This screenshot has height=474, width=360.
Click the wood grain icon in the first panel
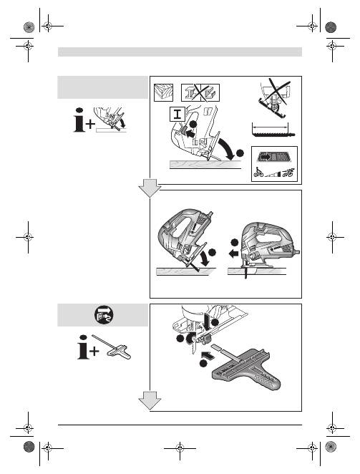(163, 92)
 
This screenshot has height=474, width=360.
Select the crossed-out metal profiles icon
(200, 92)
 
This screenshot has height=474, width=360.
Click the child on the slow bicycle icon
(258, 173)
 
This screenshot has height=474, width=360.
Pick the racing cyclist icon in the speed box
(287, 173)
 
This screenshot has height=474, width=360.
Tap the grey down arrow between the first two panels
(150, 188)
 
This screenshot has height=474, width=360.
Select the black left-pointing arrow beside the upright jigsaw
(233, 253)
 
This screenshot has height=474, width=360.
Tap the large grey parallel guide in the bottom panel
(245, 369)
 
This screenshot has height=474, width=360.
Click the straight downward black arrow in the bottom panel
(208, 323)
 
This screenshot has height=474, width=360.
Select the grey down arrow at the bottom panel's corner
(150, 400)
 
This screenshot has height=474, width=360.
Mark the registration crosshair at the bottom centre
(180, 448)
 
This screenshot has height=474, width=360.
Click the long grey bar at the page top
(180, 52)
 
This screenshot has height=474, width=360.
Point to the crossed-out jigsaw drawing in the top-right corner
(274, 97)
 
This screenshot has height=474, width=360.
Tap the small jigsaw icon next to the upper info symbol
(110, 119)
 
